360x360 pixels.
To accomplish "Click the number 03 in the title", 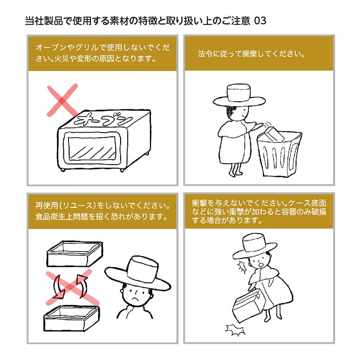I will coord(261,22).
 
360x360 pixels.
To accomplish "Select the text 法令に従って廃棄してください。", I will coord(252,55).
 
